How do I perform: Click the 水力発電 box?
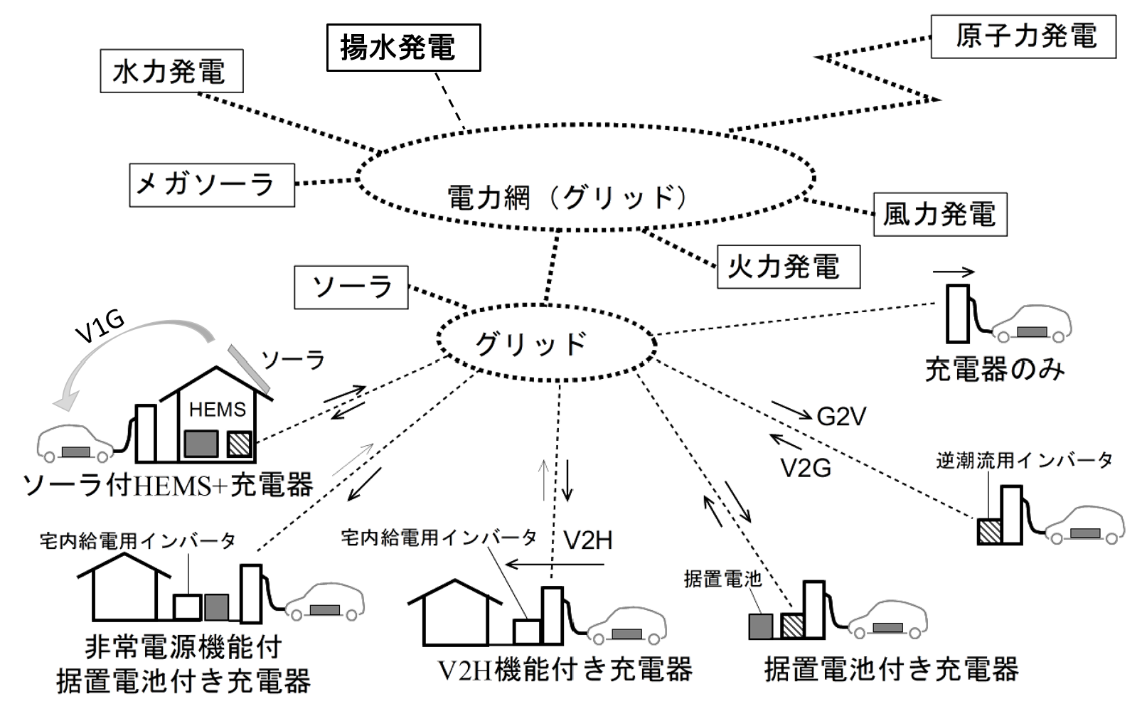point(171,71)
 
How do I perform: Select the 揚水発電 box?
point(403,48)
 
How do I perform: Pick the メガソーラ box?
point(212,185)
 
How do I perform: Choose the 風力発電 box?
point(939,214)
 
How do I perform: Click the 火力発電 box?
point(789,267)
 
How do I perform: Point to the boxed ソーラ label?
point(351,287)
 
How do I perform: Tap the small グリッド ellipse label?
point(530,344)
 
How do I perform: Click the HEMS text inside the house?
point(217,410)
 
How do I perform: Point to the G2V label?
point(841,417)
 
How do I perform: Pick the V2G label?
point(806,468)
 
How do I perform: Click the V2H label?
point(587,540)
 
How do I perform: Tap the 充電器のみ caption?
point(994,370)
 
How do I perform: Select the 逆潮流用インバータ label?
point(1024,461)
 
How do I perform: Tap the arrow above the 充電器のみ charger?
point(954,272)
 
